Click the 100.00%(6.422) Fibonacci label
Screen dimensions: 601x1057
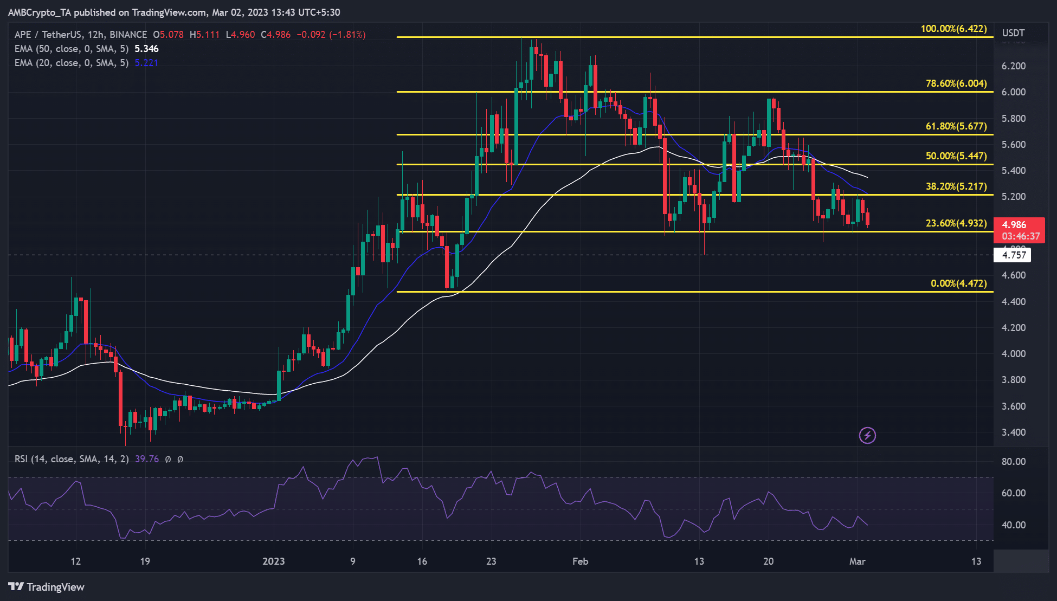[953, 29]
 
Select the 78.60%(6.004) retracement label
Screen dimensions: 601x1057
[956, 83]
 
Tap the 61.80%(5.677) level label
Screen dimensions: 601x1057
[956, 126]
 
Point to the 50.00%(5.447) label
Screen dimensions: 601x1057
[956, 156]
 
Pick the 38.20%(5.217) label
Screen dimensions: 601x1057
[956, 186]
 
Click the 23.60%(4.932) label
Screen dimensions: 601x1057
[956, 223]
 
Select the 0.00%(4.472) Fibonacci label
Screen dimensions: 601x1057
[958, 283]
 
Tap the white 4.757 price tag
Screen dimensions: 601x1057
[1013, 255]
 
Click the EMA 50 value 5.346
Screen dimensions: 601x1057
[146, 49]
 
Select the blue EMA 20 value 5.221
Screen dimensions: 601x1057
[146, 63]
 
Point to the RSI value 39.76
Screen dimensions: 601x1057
[146, 459]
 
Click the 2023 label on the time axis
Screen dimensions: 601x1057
[273, 561]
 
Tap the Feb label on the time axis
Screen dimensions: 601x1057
[580, 561]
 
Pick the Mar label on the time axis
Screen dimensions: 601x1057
[857, 561]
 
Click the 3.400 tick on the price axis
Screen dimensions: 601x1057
[1013, 432]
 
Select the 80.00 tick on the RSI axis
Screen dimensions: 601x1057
[1013, 462]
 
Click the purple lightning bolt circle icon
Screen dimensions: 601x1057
[867, 435]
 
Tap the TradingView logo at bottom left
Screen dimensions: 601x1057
[47, 587]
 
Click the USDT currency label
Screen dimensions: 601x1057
[1013, 33]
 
